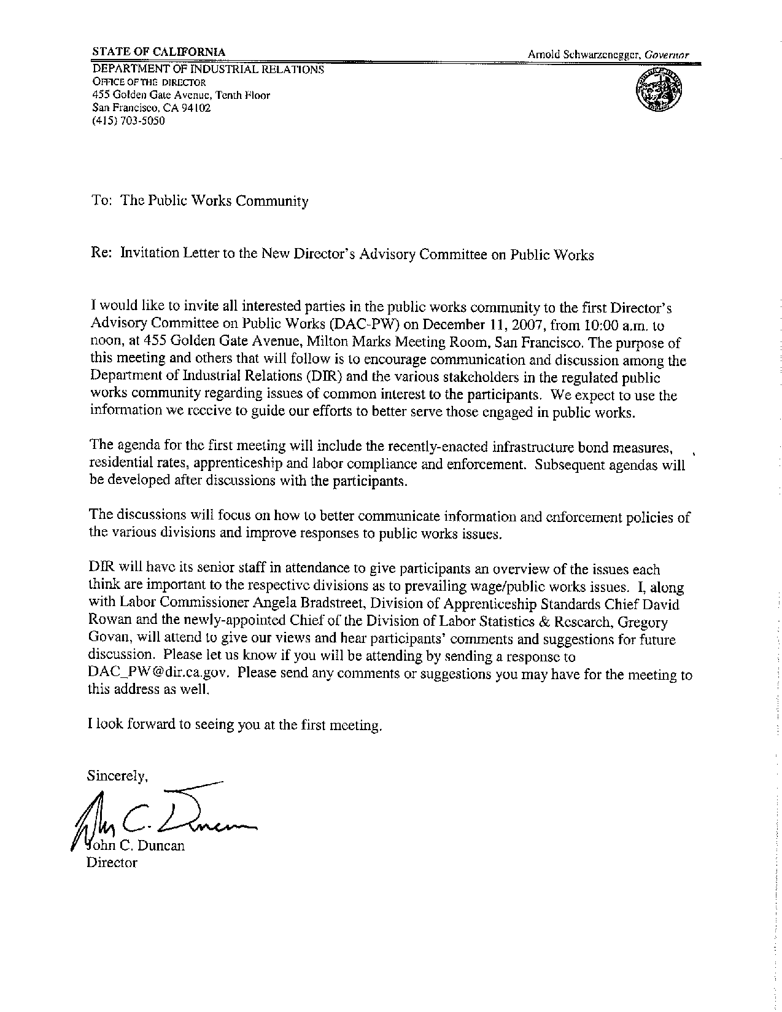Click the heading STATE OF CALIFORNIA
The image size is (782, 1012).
click(x=158, y=52)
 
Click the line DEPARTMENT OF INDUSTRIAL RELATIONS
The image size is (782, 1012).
click(x=207, y=69)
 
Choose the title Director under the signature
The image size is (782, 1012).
click(x=112, y=863)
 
